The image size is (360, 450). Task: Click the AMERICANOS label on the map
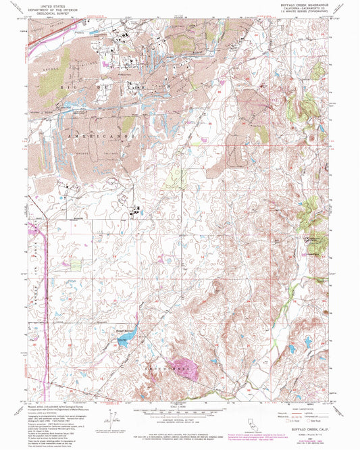101,135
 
